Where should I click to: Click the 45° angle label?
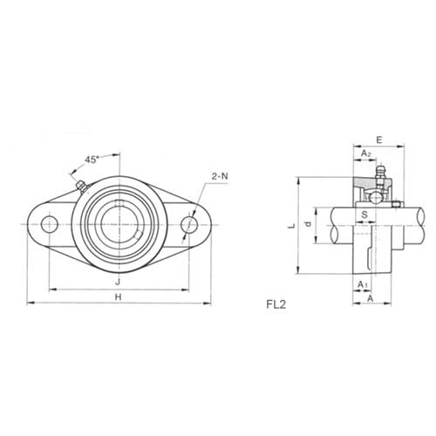pyautogui.click(x=92, y=159)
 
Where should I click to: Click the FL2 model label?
pyautogui.click(x=277, y=305)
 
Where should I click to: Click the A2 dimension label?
pyautogui.click(x=366, y=153)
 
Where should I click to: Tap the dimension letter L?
pyautogui.click(x=295, y=225)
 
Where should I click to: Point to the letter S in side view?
pyautogui.click(x=364, y=213)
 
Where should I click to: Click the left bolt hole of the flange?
pyautogui.click(x=48, y=223)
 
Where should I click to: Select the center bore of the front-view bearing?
pyautogui.click(x=119, y=223)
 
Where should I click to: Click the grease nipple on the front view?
pyautogui.click(x=79, y=186)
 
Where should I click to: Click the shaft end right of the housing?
pyautogui.click(x=417, y=224)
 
